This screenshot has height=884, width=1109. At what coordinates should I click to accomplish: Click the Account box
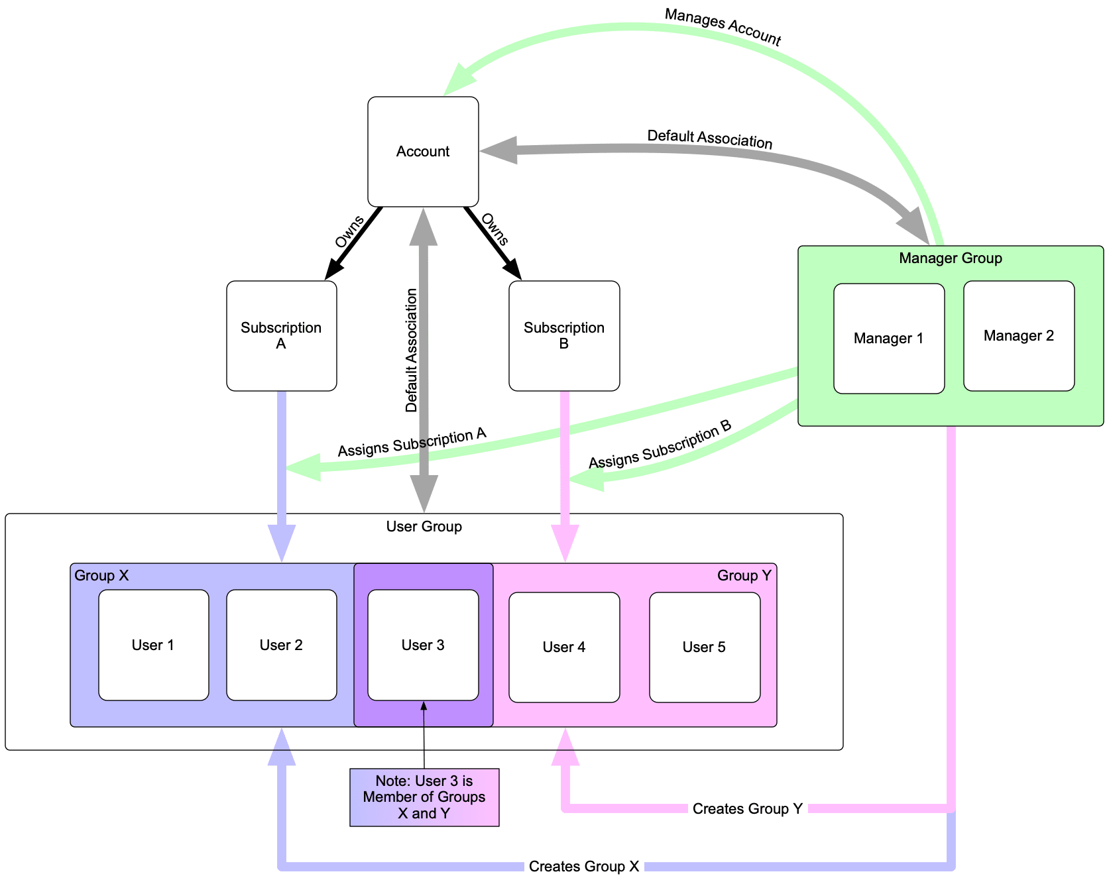[x=423, y=152]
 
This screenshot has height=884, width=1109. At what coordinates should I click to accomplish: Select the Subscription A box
[x=281, y=336]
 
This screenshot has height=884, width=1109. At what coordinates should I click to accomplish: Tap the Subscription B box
[x=564, y=336]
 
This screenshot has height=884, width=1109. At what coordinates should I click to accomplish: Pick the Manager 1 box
[x=888, y=339]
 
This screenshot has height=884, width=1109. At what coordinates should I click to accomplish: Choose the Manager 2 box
[x=1018, y=336]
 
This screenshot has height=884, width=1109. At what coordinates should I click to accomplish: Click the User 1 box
[x=153, y=645]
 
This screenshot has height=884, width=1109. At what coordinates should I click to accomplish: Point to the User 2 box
[x=281, y=645]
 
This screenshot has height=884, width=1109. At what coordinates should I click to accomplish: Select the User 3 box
[x=423, y=645]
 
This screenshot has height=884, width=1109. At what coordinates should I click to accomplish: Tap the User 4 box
[x=564, y=647]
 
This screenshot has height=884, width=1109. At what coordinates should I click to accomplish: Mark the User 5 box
[x=704, y=647]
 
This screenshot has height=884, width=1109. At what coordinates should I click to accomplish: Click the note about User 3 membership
[x=424, y=797]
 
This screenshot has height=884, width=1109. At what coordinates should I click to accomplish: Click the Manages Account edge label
[x=723, y=27]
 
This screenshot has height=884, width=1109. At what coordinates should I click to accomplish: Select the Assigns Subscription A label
[x=412, y=443]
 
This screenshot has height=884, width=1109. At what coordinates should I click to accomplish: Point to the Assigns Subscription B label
[x=660, y=445]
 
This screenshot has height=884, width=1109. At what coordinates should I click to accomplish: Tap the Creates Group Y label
[x=748, y=809]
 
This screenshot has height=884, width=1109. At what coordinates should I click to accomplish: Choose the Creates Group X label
[x=584, y=867]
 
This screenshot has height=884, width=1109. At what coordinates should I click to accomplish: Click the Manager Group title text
[x=951, y=258]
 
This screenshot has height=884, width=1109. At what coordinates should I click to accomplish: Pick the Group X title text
[x=101, y=575]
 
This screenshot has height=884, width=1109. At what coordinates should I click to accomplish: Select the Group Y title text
[x=744, y=575]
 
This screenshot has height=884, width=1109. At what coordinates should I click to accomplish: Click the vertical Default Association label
[x=412, y=351]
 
